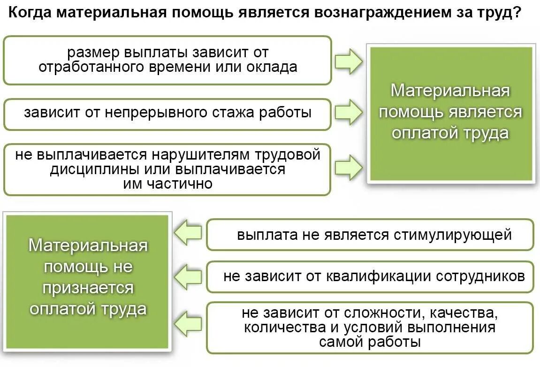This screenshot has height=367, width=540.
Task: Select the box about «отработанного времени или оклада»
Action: pos(167,60)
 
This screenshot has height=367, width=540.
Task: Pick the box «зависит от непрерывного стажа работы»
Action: pos(167,114)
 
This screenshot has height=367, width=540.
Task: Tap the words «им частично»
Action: pos(167,183)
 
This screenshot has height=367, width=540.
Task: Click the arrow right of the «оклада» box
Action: pos(349,61)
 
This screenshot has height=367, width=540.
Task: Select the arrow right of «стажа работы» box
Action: pos(349,112)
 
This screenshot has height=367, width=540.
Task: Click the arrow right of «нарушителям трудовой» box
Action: pos(349,167)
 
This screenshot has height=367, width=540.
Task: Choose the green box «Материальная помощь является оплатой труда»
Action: pos(451,114)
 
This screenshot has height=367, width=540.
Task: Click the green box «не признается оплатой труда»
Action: pos(88,282)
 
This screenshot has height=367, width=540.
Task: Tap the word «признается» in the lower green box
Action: pos(88,288)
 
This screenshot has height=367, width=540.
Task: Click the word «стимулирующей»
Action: pos(452,234)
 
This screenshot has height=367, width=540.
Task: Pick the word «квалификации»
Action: pos(379,276)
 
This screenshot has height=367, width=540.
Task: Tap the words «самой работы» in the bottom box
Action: pos(370,342)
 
